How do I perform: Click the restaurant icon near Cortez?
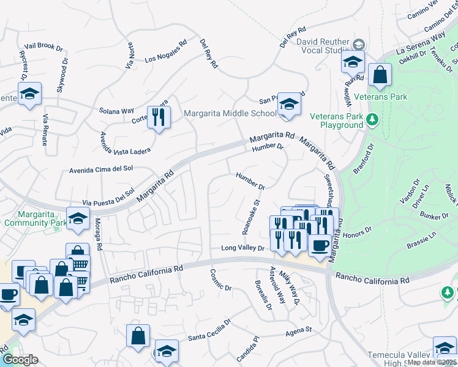(159, 117)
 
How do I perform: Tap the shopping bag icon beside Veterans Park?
(380, 75)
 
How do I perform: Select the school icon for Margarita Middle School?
(288, 104)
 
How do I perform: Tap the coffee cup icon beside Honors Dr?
(319, 245)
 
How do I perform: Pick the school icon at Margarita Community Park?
(78, 218)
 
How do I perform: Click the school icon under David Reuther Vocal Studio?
(353, 62)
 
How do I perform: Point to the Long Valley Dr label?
(242, 248)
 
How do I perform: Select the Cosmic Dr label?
(221, 280)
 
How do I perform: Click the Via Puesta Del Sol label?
(108, 198)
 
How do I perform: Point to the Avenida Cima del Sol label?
(102, 169)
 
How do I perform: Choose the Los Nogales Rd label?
(165, 52)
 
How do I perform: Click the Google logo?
(20, 360)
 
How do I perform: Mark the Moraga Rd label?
(99, 239)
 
